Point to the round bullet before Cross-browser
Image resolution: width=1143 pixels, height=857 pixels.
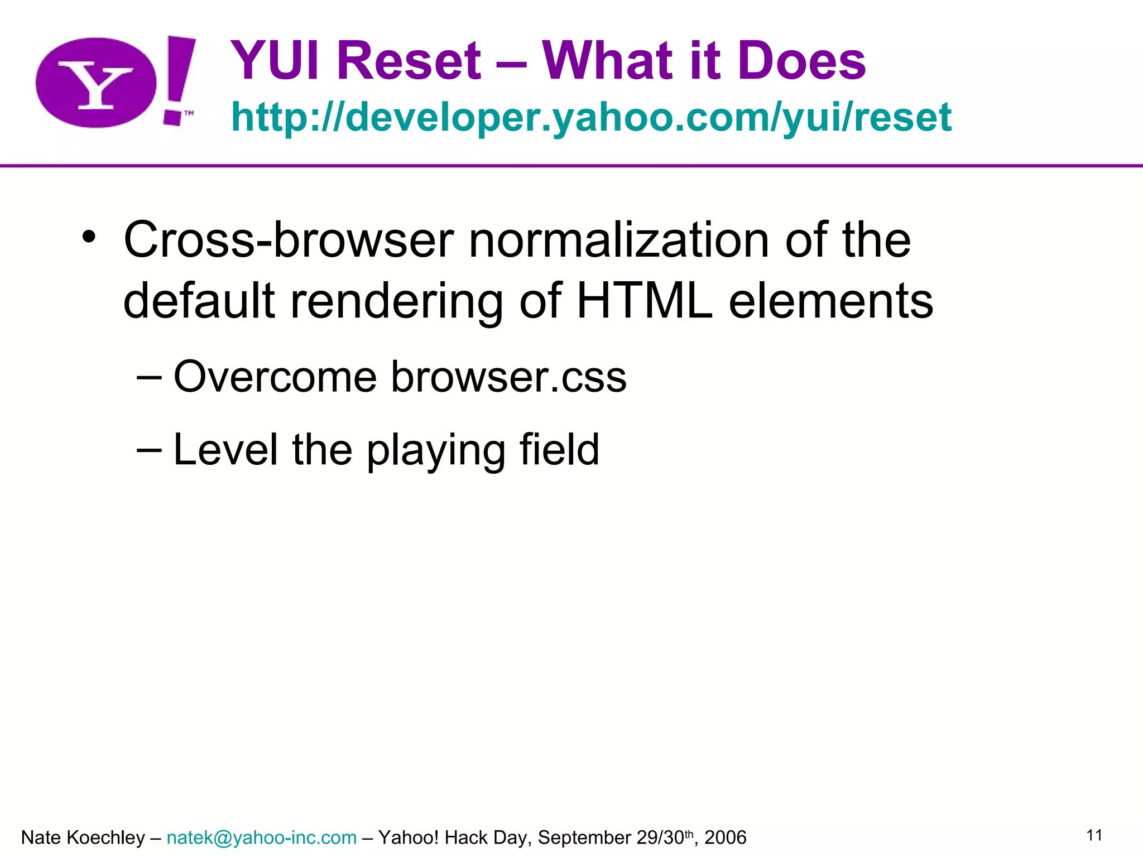[x=89, y=237]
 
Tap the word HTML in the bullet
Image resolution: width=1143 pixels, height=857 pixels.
[x=645, y=301]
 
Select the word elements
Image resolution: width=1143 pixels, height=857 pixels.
[x=831, y=301]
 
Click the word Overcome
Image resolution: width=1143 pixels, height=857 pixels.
[x=275, y=377]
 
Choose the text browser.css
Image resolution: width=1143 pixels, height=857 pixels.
[x=508, y=377]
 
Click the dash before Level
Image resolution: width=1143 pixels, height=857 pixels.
[x=149, y=450]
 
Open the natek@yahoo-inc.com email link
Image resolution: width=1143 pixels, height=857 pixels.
[x=261, y=837]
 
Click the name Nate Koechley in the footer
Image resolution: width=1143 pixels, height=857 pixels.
[x=83, y=837]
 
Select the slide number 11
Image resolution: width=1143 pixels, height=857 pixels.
[x=1094, y=835]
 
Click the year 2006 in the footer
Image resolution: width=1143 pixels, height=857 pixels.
[x=725, y=837]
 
